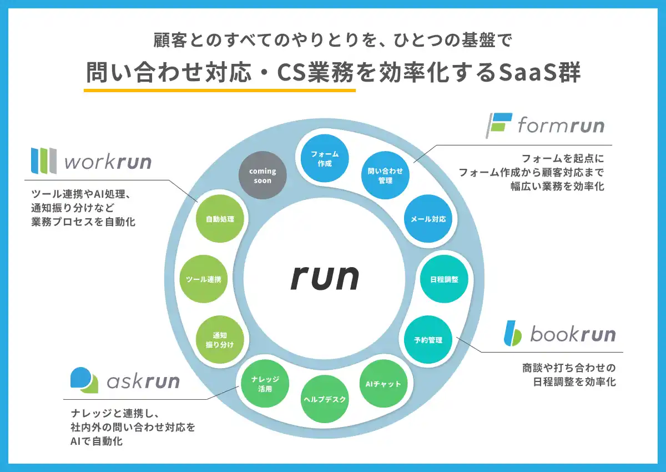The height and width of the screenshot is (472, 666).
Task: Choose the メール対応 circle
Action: (428, 219)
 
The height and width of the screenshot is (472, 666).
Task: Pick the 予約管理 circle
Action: (428, 340)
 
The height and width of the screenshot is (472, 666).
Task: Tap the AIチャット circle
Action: (384, 384)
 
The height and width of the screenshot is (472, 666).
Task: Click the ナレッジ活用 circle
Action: (264, 384)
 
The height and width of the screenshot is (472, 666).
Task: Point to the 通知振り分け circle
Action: (220, 340)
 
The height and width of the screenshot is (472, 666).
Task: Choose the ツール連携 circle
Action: (204, 279)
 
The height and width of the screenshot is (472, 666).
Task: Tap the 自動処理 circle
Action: (220, 219)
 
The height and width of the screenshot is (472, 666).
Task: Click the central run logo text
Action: (325, 277)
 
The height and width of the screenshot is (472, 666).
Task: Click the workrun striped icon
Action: (43, 161)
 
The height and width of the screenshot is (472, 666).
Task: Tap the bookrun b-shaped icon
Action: (512, 333)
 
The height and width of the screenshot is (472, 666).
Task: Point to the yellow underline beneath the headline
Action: (220, 89)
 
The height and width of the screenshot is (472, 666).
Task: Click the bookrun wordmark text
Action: (573, 334)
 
